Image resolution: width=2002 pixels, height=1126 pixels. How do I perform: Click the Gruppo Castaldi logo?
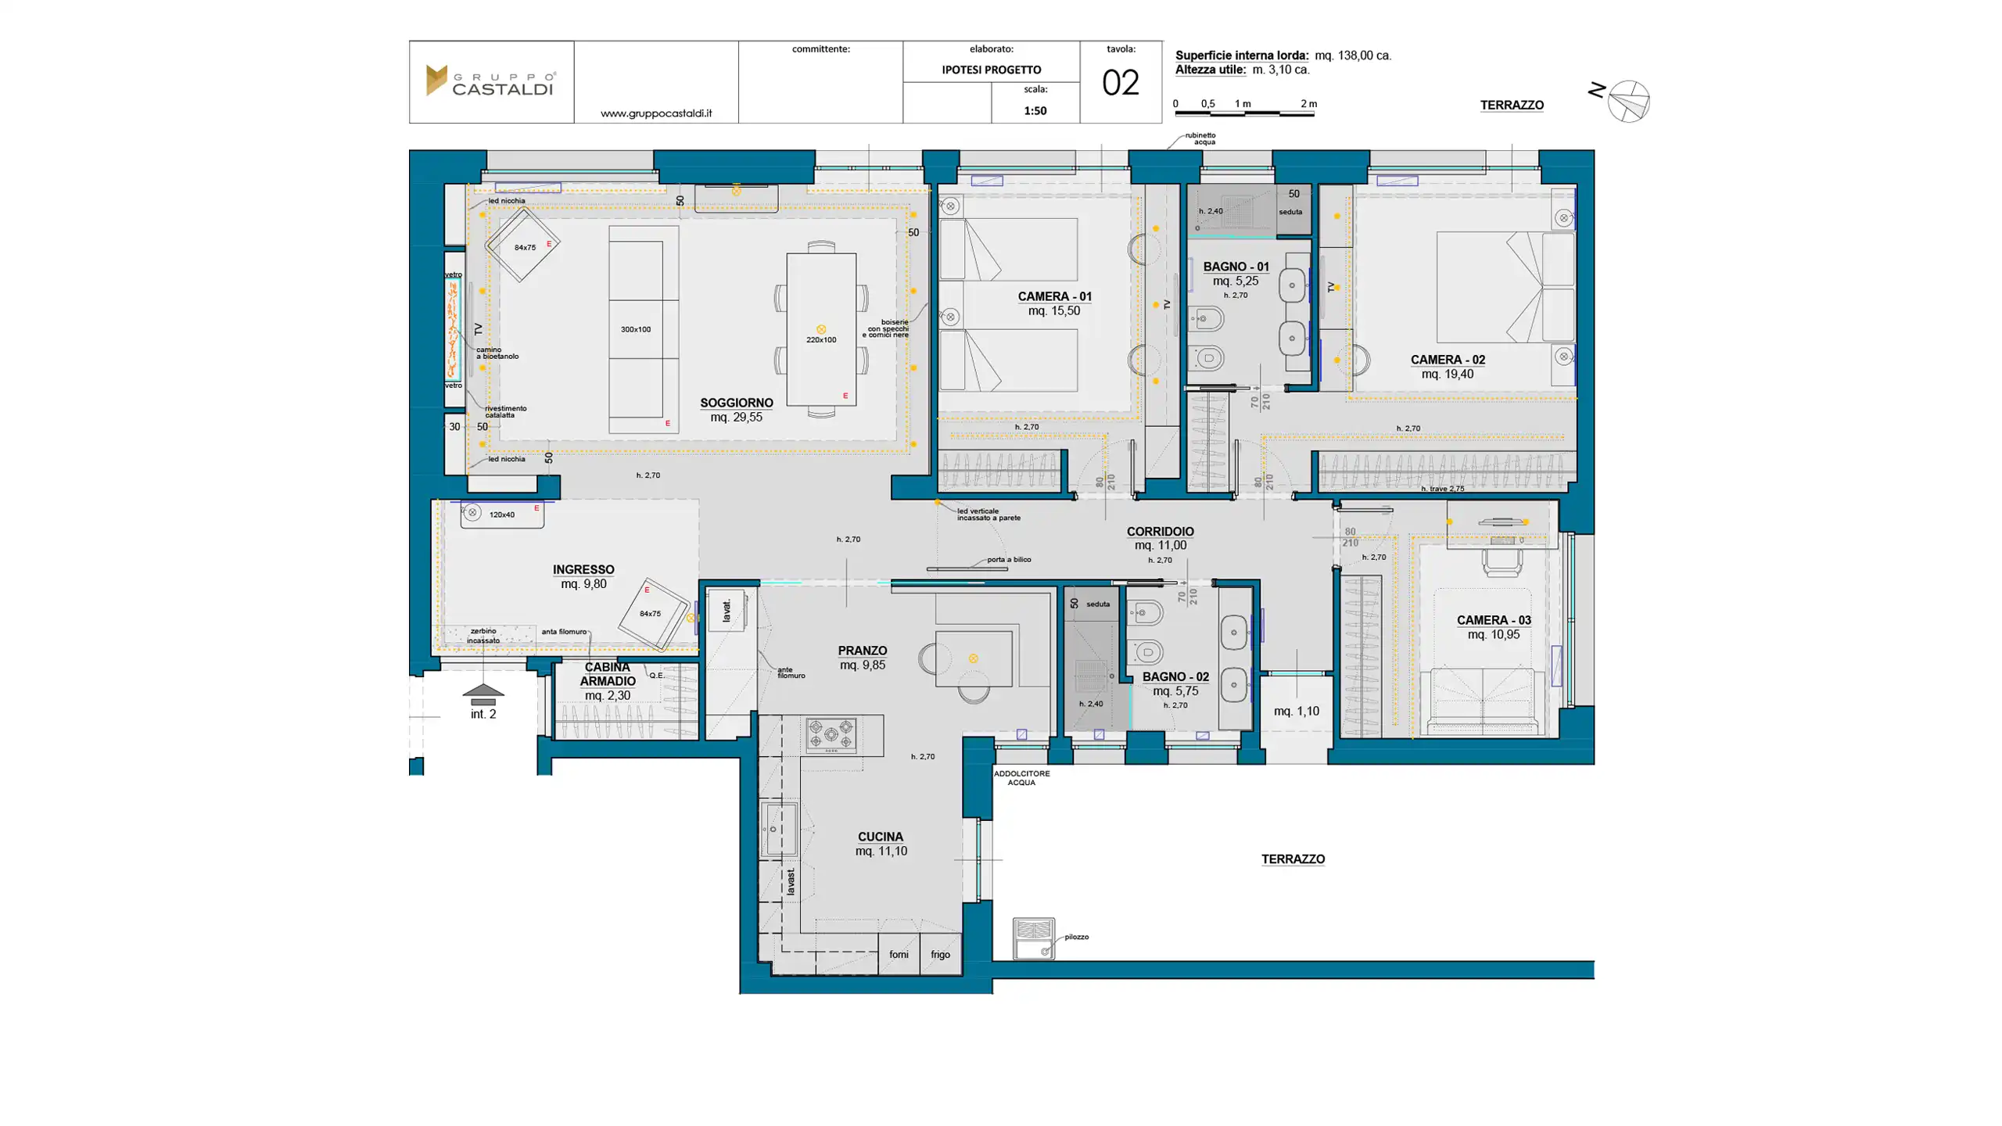point(490,81)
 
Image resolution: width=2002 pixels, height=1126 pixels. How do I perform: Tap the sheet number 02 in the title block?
point(1120,83)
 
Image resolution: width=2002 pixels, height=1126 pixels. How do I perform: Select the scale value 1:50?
point(1035,110)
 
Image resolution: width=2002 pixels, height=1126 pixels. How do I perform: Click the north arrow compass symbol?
point(1628,101)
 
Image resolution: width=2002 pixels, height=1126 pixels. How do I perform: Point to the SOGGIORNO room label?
point(736,403)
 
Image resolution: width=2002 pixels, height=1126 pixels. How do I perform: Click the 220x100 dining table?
point(820,329)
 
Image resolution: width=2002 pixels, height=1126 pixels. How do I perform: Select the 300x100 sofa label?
point(635,329)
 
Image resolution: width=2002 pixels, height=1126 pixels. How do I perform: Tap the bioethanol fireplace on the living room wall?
point(454,329)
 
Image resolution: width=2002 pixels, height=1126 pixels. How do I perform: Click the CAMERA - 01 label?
point(1053,296)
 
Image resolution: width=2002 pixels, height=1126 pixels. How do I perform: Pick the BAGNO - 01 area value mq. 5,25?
point(1235,281)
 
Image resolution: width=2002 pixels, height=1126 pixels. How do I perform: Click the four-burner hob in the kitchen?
point(831,735)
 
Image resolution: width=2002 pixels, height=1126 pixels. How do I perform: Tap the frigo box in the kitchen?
point(940,954)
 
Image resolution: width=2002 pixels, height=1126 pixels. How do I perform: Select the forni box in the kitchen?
point(898,954)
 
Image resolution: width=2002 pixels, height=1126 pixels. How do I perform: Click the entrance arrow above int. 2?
point(483,691)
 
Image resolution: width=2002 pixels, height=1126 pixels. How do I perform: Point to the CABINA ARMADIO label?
point(607,674)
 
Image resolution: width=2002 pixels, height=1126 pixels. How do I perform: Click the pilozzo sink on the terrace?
point(1033,938)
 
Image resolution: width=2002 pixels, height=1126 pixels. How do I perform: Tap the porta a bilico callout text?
point(1008,559)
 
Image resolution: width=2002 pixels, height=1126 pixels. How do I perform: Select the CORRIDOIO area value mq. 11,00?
point(1160,545)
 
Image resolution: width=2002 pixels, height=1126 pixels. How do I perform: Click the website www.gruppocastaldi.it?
point(655,113)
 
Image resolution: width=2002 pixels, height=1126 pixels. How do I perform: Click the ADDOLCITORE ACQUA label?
point(1021,777)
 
